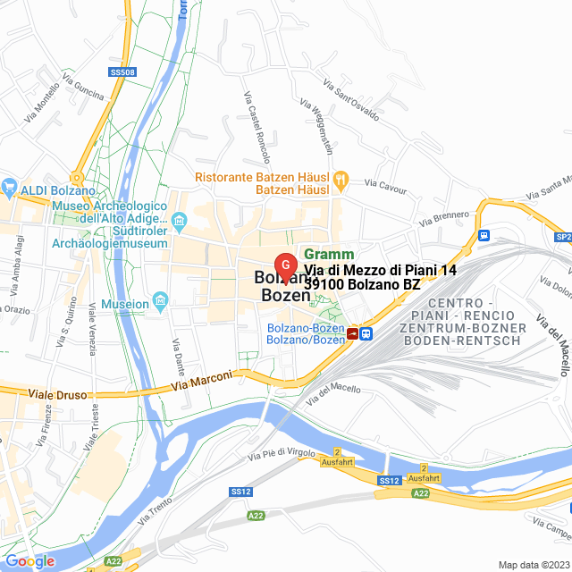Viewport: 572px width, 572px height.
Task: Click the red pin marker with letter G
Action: pyautogui.click(x=285, y=265)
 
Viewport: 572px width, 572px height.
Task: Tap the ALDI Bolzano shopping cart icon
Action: pyautogui.click(x=11, y=189)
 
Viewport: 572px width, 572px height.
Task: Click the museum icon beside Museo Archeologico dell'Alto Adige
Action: pyautogui.click(x=180, y=220)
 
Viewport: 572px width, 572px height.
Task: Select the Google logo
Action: pyautogui.click(x=29, y=561)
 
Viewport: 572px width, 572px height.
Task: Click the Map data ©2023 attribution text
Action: pyautogui.click(x=533, y=564)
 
